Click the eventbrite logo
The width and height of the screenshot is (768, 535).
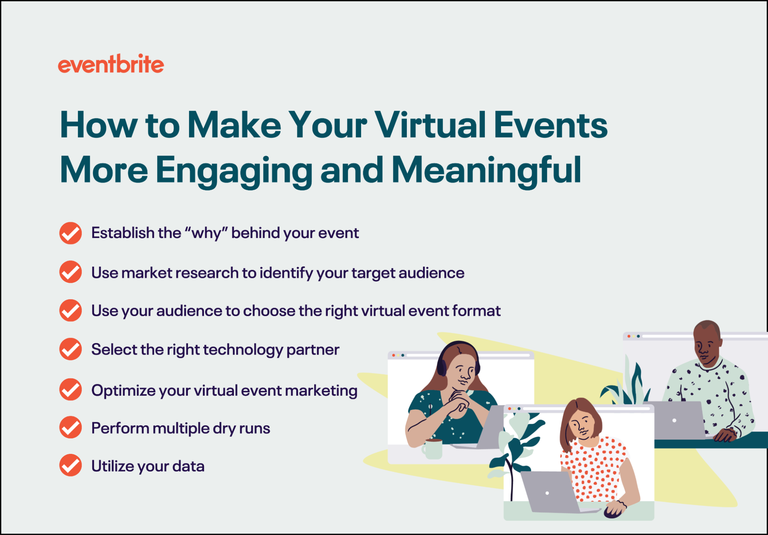pyautogui.click(x=111, y=64)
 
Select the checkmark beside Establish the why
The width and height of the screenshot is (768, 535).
pyautogui.click(x=71, y=233)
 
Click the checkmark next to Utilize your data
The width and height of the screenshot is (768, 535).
pyautogui.click(x=71, y=465)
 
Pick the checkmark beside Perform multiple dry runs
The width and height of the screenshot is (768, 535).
pyautogui.click(x=71, y=427)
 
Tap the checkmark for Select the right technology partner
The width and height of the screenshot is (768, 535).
pyautogui.click(x=71, y=349)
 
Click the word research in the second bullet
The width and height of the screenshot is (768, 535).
pyautogui.click(x=207, y=273)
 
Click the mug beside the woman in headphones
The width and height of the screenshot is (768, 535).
pyautogui.click(x=432, y=449)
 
